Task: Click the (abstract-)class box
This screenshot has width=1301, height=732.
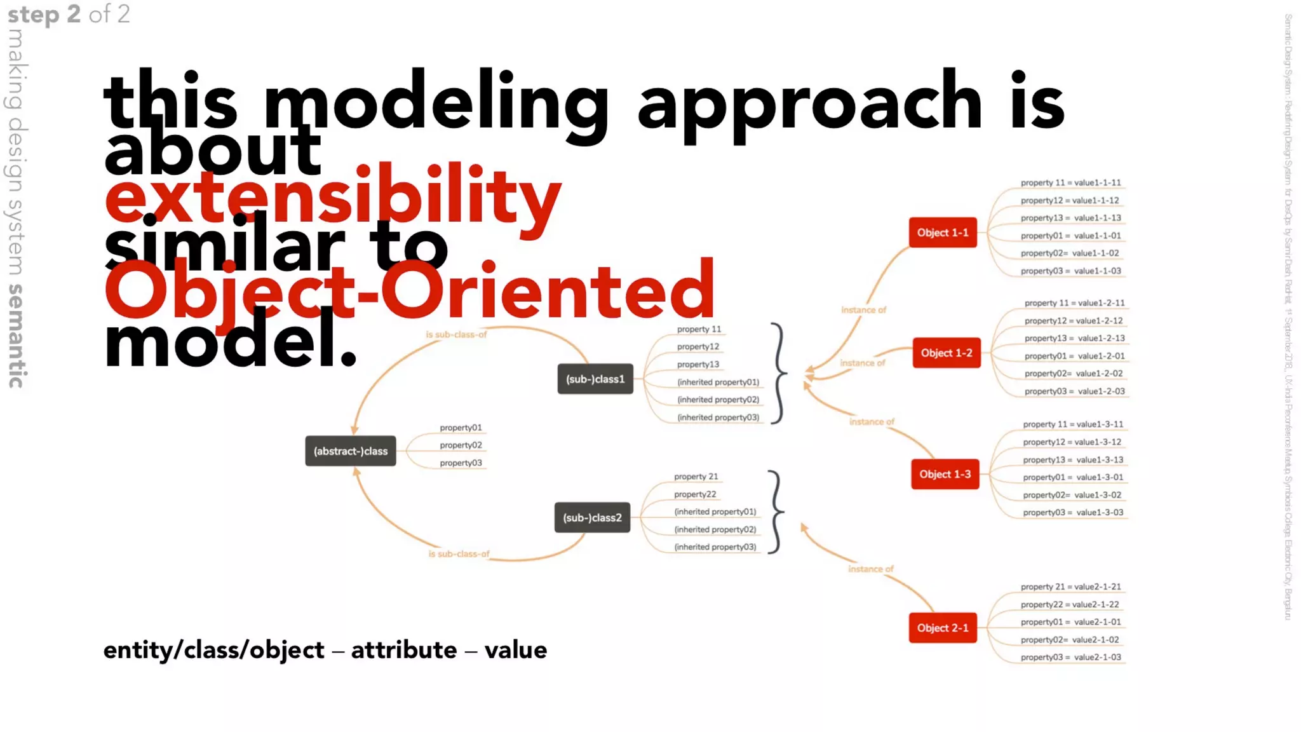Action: coord(350,451)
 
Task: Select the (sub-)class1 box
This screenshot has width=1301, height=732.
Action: coord(595,379)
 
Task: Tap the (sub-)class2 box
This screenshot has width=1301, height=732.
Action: coord(592,518)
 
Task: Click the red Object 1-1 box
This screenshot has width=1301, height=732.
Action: coord(943,233)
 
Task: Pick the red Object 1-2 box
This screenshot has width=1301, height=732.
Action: coord(947,353)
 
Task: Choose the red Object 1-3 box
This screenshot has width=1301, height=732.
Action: coord(945,475)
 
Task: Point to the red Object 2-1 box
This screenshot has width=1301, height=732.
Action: coord(943,628)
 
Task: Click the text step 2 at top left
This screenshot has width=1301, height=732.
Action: coord(44,14)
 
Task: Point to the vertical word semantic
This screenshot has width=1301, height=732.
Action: coord(17,336)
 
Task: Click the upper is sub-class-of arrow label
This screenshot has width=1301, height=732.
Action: coord(456,334)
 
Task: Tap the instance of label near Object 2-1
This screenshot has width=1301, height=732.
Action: coord(870,569)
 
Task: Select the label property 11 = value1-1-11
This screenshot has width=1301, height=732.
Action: coord(1070,183)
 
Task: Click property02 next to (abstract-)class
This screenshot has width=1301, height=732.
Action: coord(461,445)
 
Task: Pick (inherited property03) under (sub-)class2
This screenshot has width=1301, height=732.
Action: coord(715,547)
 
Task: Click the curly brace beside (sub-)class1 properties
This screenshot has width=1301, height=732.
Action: coord(779,374)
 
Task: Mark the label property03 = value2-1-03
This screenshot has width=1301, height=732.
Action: coord(1070,658)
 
